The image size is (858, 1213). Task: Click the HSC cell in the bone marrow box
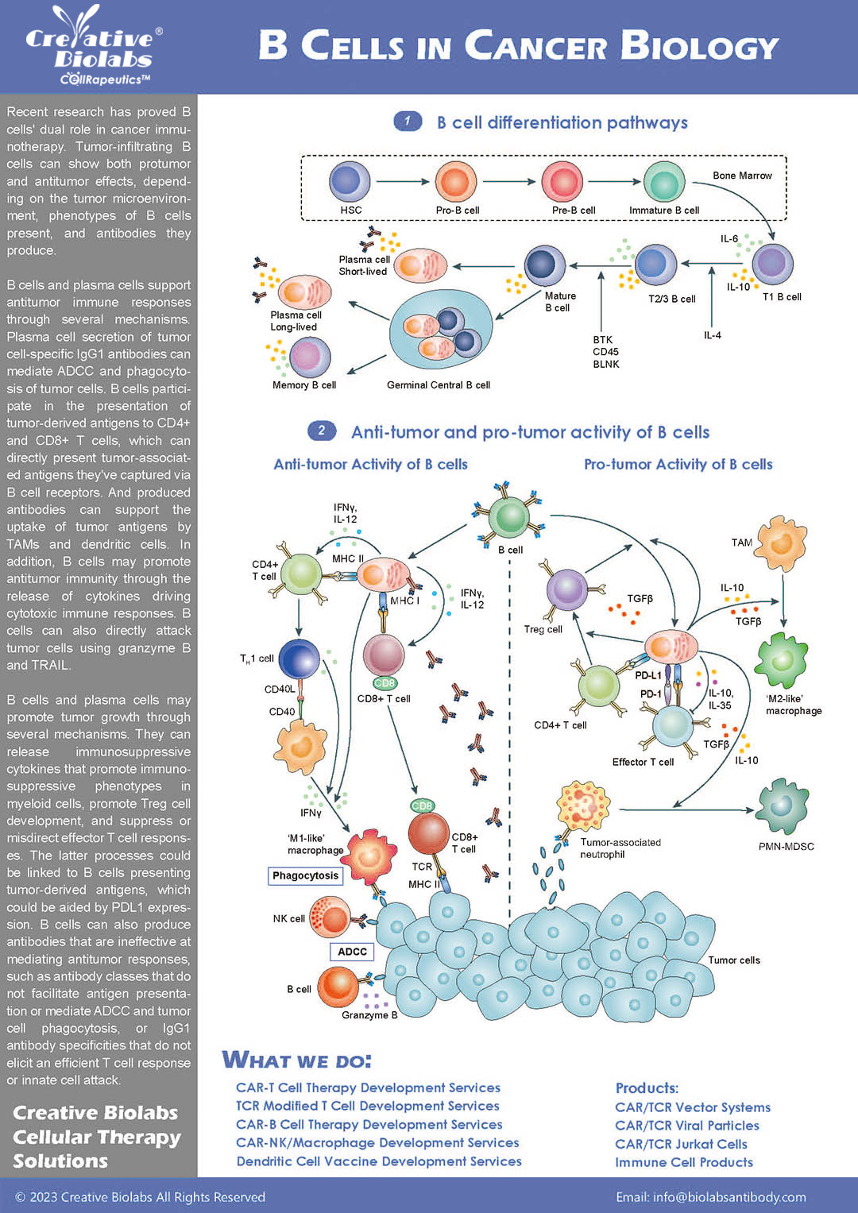(x=350, y=181)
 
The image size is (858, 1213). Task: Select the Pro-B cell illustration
(x=456, y=181)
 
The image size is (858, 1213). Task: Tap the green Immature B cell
(x=663, y=181)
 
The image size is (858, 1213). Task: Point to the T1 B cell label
(x=782, y=297)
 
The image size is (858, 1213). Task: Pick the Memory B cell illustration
(x=309, y=357)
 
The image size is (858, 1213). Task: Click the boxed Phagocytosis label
(x=306, y=875)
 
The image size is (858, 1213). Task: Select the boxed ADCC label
(x=352, y=952)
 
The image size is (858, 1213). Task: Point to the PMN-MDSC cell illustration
(x=783, y=806)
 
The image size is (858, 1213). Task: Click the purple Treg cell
(x=566, y=590)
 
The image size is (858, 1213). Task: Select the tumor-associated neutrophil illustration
(x=584, y=806)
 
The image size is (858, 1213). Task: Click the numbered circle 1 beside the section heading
(x=408, y=122)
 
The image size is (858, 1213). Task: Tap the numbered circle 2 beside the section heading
(x=321, y=431)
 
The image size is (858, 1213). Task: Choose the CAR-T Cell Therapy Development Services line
(x=368, y=1087)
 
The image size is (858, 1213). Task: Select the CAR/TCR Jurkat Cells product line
(x=681, y=1144)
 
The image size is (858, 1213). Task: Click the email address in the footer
(x=711, y=1197)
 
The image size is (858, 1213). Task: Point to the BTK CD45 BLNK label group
(x=605, y=352)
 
